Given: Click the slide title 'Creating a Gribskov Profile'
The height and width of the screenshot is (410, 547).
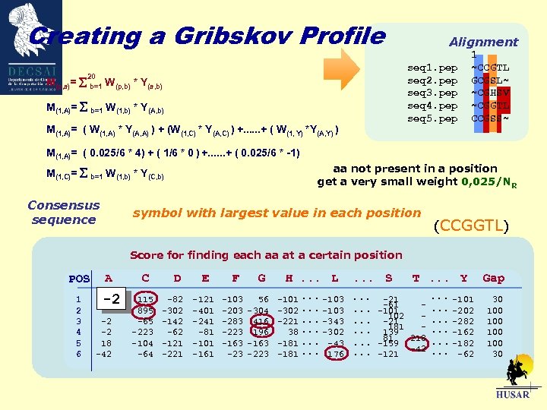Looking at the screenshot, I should tap(206, 36).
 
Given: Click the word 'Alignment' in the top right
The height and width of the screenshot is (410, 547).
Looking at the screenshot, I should tap(483, 43).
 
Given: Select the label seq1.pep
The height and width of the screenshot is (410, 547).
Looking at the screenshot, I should tap(432, 68).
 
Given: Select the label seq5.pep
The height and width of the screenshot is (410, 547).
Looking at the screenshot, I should tap(432, 119).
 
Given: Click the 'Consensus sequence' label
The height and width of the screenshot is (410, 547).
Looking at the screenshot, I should tap(64, 213).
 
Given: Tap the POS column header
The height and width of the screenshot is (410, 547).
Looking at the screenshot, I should tap(79, 279).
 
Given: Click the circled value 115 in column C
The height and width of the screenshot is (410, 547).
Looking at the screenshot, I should tap(146, 300).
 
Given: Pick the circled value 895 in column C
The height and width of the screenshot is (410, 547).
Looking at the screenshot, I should tap(146, 311).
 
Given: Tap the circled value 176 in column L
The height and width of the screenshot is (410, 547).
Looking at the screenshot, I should tap(334, 354).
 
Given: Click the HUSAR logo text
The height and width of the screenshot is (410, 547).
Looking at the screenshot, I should tap(512, 396).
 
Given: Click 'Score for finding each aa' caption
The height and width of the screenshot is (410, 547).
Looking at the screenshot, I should tap(266, 255).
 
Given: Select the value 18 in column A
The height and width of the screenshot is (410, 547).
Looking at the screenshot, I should tap(106, 343).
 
